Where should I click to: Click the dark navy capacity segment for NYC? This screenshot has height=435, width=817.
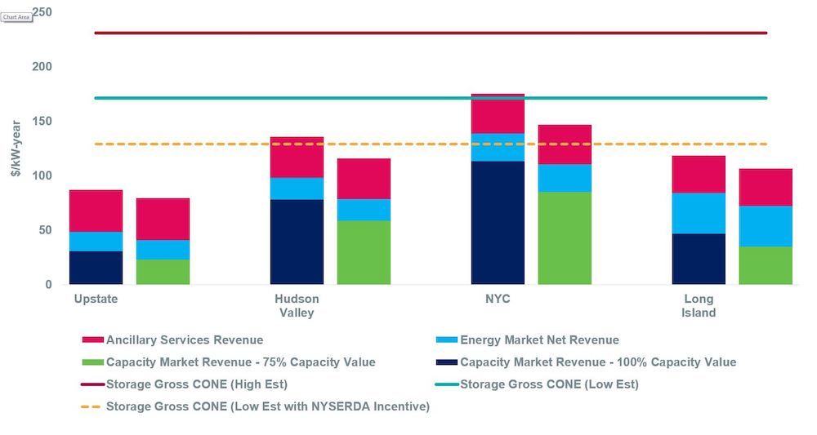498,223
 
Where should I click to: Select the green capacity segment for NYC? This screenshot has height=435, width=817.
565,238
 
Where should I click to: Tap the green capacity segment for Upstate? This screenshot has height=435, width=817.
163,272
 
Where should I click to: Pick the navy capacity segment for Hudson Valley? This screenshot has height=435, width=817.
297,242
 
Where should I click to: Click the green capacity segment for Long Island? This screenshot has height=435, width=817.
766,265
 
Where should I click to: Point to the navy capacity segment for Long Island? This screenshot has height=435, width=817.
699,259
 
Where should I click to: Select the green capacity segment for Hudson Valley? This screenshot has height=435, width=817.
364,252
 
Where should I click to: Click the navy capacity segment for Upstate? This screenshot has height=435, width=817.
96,268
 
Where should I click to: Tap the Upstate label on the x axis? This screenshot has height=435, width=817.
96,300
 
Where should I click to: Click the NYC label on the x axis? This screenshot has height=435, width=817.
498,300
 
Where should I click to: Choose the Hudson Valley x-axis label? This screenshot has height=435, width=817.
297,306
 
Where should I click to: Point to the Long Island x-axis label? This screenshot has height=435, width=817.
699,306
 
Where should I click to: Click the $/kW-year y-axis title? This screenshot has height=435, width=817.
16,147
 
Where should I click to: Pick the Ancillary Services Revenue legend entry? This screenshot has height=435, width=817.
184,340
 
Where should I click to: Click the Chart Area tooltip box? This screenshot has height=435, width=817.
16,16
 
